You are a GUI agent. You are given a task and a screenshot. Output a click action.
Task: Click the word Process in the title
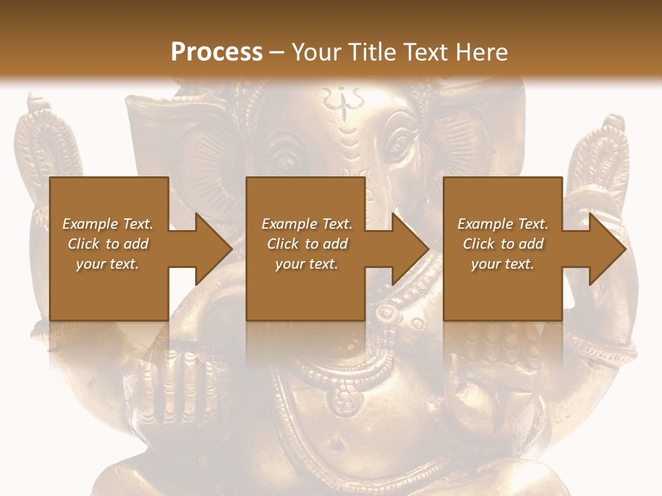coord(217,52)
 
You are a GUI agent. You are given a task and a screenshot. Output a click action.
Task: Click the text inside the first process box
coord(108,244)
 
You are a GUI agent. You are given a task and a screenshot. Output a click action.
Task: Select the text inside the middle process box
coord(307,244)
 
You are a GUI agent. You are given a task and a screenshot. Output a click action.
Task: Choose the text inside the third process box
coord(503,244)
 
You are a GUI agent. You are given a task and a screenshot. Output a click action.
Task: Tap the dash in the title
coord(277,52)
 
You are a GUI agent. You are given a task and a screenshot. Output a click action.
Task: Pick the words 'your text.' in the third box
coord(503,264)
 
